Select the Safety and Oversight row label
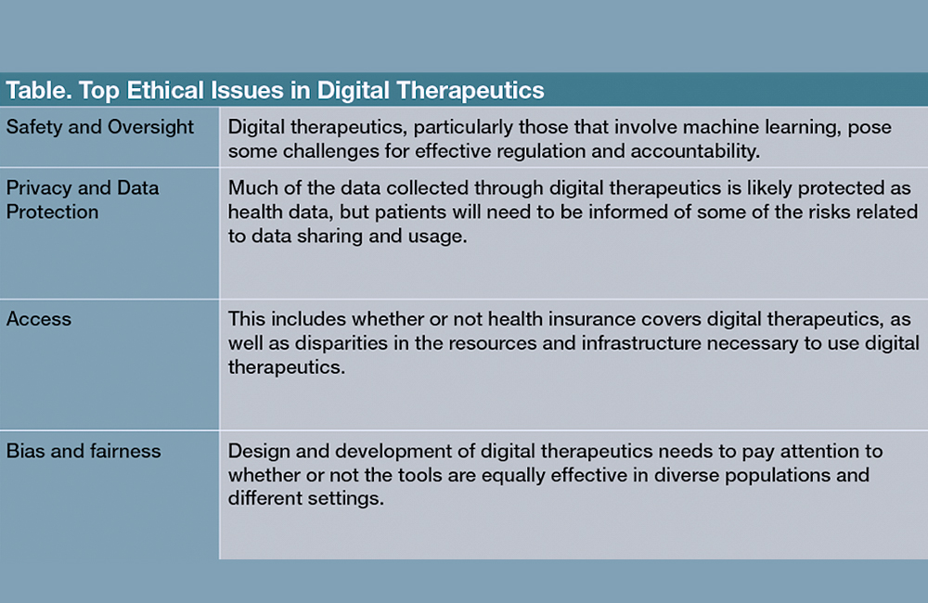point(100,127)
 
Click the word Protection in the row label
point(52,212)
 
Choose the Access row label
point(39,319)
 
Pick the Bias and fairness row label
point(84,451)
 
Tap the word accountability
point(695,151)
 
